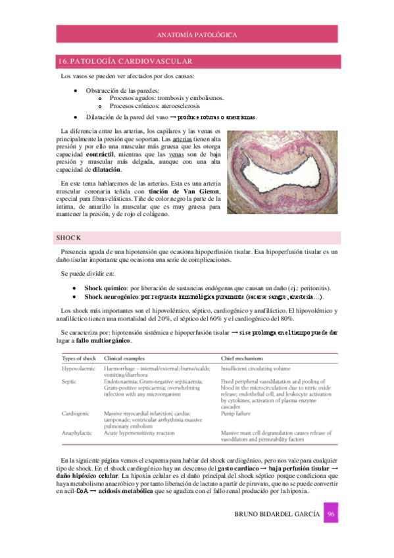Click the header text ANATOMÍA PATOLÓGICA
[197, 34]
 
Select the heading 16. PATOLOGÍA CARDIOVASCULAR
[126, 61]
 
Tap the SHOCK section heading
[68, 238]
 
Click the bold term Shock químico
[107, 288]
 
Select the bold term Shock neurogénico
[112, 297]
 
